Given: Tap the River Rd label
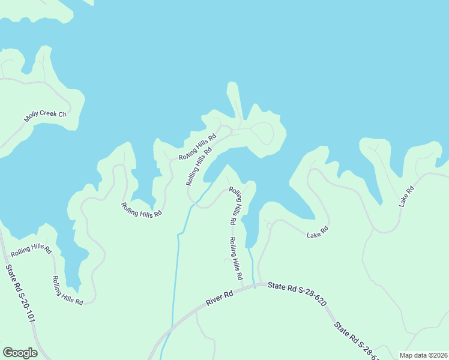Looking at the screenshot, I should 219,298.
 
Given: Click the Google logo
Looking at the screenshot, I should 20,353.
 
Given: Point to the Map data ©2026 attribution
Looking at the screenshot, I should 423,355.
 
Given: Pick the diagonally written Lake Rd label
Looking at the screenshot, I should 407,197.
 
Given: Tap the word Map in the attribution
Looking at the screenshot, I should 407,355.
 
